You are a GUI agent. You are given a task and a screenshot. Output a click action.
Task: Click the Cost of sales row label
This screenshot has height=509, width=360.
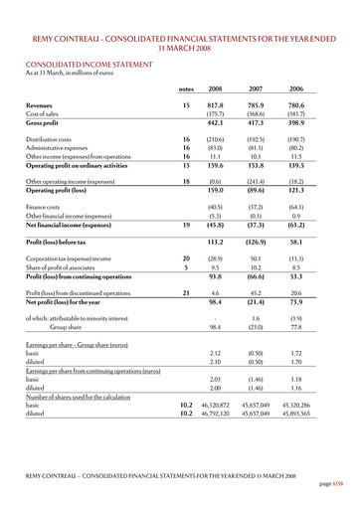(x=46, y=113)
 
